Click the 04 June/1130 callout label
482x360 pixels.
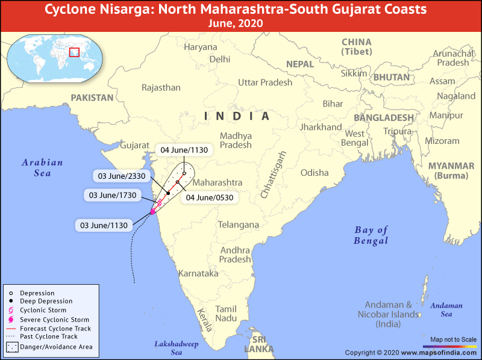click(x=184, y=150)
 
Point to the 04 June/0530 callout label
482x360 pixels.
click(x=210, y=197)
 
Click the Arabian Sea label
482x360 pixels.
click(x=42, y=167)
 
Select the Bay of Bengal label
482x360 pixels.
click(x=371, y=235)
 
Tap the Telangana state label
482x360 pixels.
click(x=238, y=225)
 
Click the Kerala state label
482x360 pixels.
click(x=205, y=319)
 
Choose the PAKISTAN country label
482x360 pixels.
click(x=92, y=98)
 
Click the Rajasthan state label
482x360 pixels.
click(x=161, y=87)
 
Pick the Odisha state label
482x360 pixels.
click(x=315, y=173)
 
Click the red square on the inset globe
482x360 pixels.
click(x=75, y=52)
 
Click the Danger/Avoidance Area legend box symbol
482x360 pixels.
click(x=11, y=347)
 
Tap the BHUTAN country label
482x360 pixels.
click(x=391, y=77)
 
